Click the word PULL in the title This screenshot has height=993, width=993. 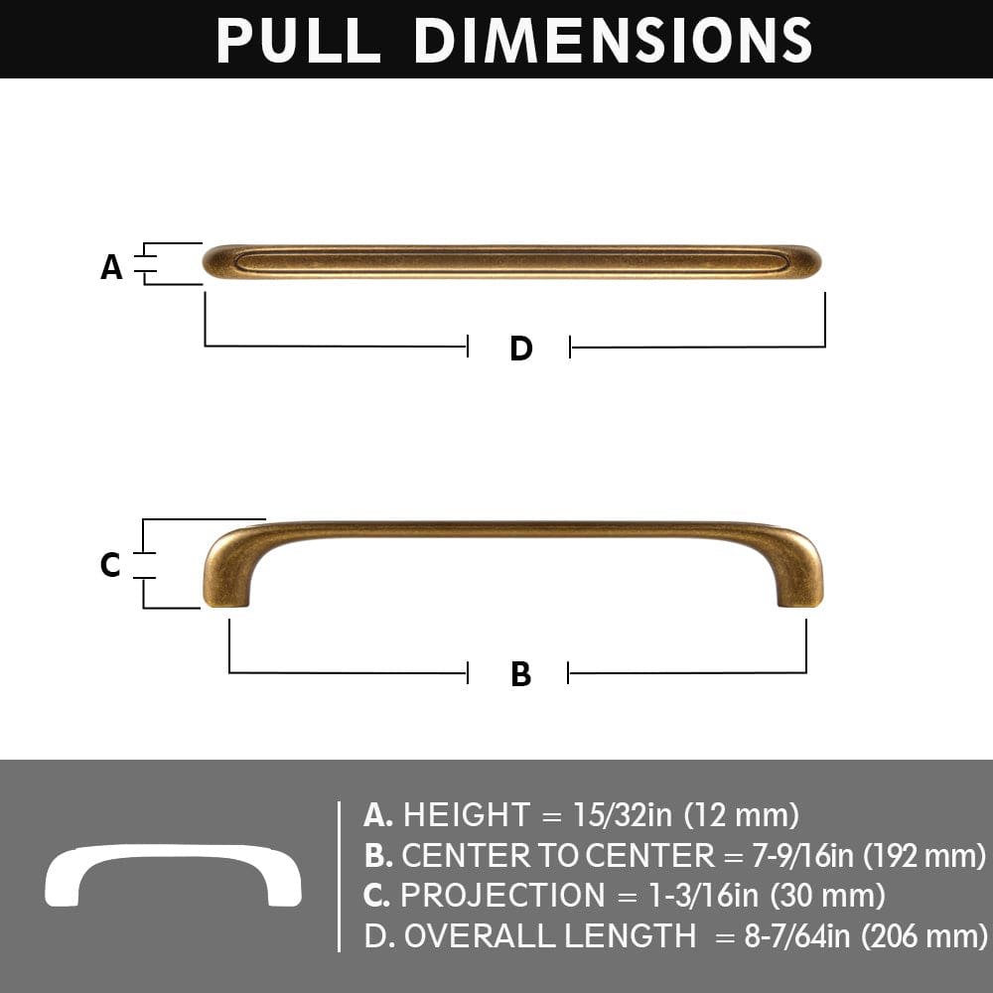(298, 40)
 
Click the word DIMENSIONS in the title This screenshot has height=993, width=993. (613, 40)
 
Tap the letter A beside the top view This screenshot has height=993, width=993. (111, 266)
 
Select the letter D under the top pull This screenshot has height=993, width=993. (520, 349)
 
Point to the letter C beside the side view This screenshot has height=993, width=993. (110, 565)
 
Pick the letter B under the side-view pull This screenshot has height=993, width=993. (520, 674)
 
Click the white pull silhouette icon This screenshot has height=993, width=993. (173, 875)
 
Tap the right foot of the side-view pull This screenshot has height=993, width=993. (800, 591)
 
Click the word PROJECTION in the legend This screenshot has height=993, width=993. (501, 896)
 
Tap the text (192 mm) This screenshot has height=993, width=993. (924, 855)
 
